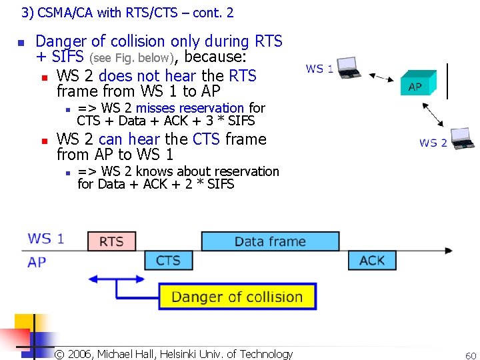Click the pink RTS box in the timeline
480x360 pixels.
[x=111, y=241]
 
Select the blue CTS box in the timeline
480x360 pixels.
[x=168, y=260]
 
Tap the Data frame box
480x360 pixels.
[x=270, y=241]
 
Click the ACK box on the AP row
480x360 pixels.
[x=371, y=260]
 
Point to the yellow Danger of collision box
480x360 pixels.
[x=237, y=297]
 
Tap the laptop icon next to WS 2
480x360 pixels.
[x=462, y=138]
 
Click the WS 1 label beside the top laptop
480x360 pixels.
[x=319, y=69]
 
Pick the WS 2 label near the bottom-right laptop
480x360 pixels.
[x=433, y=143]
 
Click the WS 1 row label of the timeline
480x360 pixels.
[x=46, y=239]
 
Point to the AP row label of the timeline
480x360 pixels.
[x=37, y=261]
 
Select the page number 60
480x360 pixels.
[x=470, y=356]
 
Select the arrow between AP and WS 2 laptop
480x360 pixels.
[x=435, y=114]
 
